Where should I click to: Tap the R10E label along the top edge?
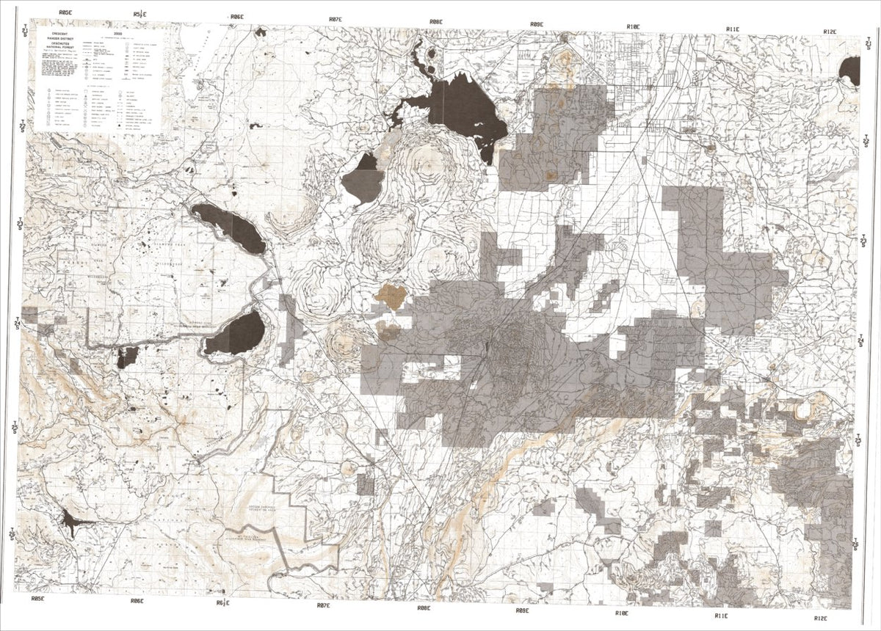634,26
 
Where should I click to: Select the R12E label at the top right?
830,32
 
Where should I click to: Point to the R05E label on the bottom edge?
38,599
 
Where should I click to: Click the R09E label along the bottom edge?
522,610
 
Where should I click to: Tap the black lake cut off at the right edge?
851,71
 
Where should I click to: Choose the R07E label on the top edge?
335,19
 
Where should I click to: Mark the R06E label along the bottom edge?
137,601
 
